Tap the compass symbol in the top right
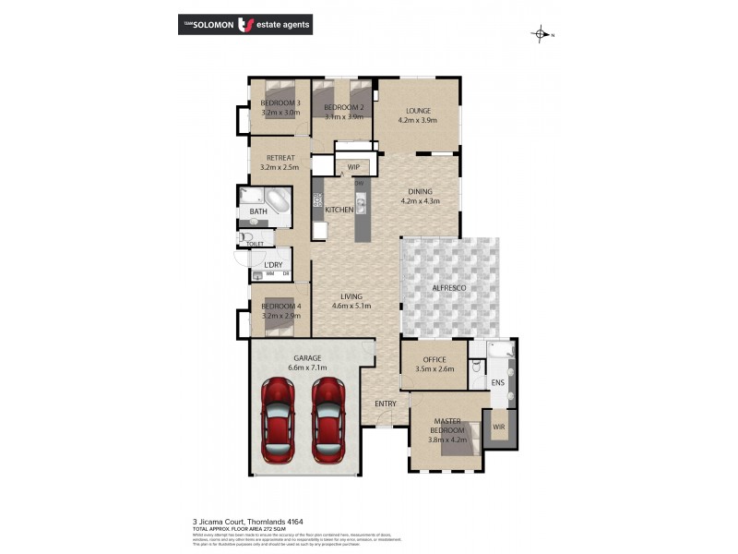coord(541,35)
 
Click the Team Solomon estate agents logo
coord(244,24)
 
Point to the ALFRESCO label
coord(449,289)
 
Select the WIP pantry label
coord(353,167)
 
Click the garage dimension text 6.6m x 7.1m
coord(306,367)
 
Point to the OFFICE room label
coord(434,359)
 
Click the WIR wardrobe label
coord(499,427)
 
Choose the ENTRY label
coord(386,404)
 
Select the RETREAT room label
coord(280,158)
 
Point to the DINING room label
coord(420,190)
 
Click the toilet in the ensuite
coord(476,367)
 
